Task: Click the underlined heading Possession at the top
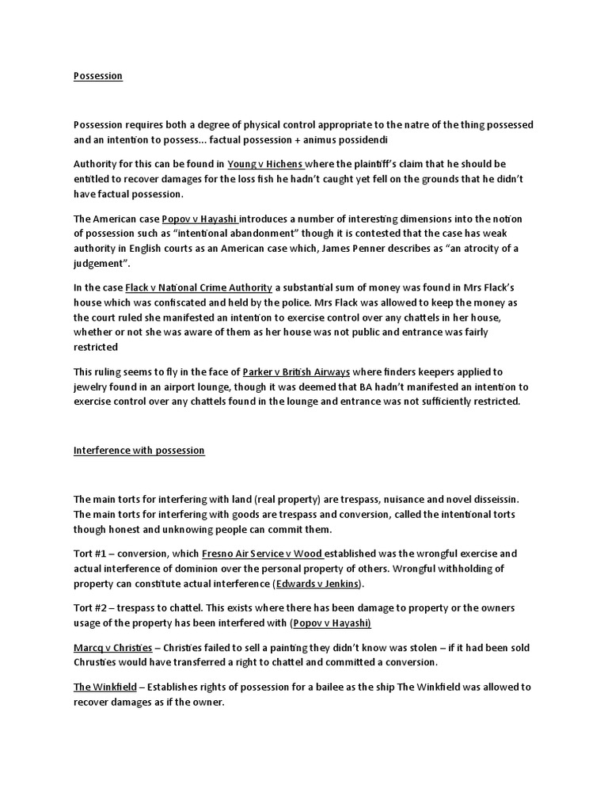click(98, 76)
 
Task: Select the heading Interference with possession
click(139, 450)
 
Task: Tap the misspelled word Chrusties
click(99, 661)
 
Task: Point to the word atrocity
click(479, 247)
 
